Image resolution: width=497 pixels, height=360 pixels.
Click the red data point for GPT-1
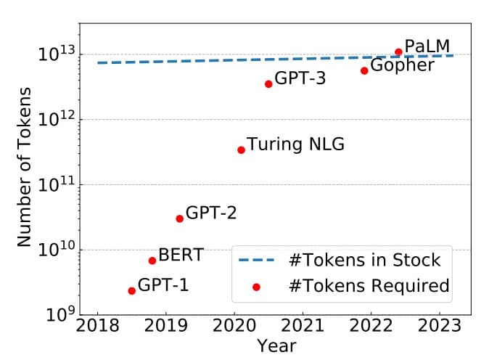[131, 291]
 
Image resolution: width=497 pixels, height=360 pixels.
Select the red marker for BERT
[152, 261]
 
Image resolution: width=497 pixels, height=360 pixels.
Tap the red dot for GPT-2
[179, 218]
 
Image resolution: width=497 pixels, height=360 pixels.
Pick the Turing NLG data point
[241, 150]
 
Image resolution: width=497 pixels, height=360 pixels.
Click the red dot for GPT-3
[268, 84]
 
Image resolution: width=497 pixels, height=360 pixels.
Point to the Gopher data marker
[364, 70]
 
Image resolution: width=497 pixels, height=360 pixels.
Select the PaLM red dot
[398, 52]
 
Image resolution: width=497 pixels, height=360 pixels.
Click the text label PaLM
[427, 47]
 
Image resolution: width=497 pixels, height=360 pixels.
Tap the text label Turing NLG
[295, 144]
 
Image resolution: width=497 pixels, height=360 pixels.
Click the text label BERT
[181, 255]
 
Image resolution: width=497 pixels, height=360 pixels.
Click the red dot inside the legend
[256, 287]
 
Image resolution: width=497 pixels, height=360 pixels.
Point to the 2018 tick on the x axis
[98, 324]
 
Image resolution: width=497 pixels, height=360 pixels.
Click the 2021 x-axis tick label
[303, 324]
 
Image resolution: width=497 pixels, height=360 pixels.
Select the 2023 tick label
[439, 324]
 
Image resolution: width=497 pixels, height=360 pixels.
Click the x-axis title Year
[276, 346]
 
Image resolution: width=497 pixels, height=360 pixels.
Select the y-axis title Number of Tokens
[25, 167]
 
